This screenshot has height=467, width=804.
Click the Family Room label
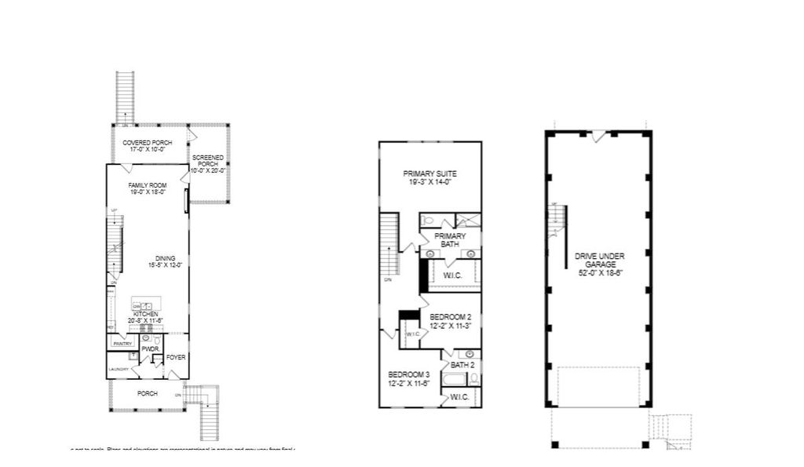click(x=148, y=185)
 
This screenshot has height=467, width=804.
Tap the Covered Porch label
click(x=148, y=143)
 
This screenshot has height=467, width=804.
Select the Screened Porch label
click(x=208, y=163)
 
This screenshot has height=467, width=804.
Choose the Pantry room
click(x=122, y=343)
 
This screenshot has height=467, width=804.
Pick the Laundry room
click(x=118, y=369)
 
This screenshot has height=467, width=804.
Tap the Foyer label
click(x=176, y=357)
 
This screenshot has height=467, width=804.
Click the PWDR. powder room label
click(x=150, y=348)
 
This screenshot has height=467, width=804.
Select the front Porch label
click(x=147, y=393)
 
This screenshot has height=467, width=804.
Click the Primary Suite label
click(x=430, y=173)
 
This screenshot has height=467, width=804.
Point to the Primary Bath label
click(x=450, y=239)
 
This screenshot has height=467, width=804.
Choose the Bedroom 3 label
click(x=408, y=374)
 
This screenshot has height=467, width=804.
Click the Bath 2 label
click(x=462, y=365)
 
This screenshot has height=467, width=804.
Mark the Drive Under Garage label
click(x=598, y=260)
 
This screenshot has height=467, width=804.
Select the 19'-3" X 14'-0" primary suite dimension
click(x=430, y=182)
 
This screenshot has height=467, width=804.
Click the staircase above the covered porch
click(x=125, y=96)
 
